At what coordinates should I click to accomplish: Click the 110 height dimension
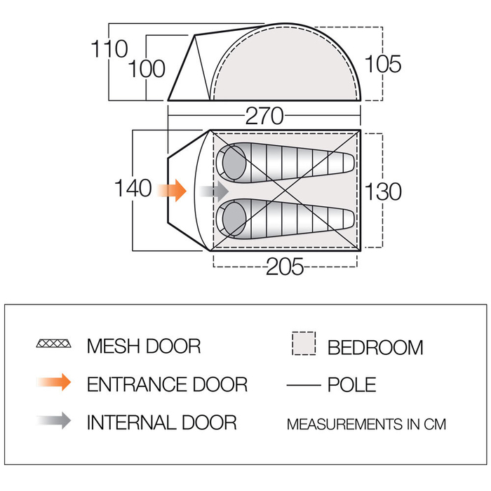109,49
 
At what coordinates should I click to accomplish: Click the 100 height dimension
147,69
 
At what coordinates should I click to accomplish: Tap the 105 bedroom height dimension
384,65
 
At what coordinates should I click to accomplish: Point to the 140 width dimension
134,189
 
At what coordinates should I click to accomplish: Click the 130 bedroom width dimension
383,191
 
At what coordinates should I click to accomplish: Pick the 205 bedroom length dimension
284,267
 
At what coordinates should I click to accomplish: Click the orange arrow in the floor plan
172,189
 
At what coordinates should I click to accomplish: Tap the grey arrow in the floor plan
215,190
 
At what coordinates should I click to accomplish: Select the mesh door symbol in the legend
53,345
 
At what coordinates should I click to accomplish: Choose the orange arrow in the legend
54,383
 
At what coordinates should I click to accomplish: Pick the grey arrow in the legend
54,421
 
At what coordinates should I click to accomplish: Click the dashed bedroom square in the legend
303,344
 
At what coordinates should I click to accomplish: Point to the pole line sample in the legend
304,384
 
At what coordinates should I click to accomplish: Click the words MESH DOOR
144,346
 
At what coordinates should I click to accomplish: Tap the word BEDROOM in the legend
375,347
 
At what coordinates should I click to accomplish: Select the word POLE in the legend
351,384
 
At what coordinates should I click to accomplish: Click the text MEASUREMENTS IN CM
366,424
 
